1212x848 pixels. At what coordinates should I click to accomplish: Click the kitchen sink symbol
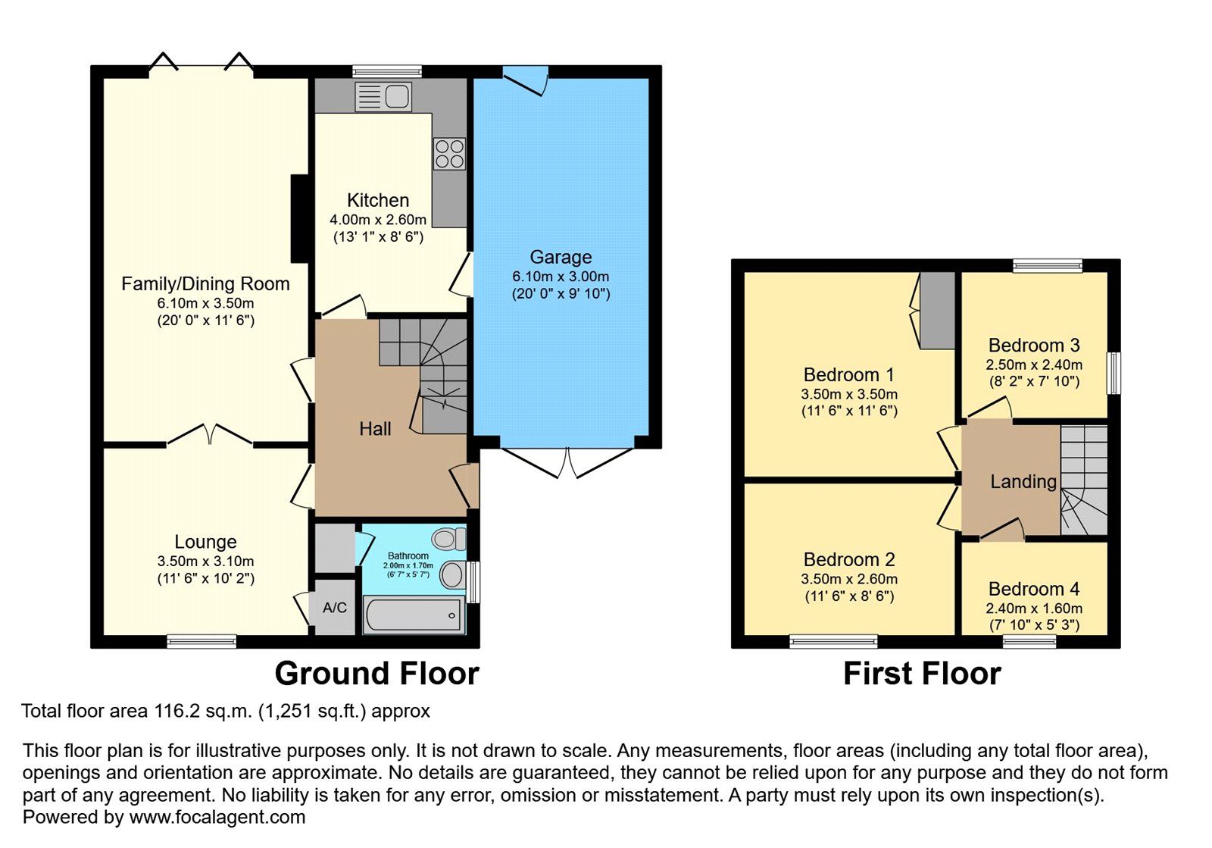tap(383, 97)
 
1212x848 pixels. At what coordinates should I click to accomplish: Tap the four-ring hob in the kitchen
tap(449, 154)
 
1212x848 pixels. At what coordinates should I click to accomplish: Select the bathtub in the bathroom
tap(414, 615)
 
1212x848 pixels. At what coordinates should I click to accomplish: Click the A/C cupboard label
tap(334, 608)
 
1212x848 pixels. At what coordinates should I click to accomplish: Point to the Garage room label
tap(561, 257)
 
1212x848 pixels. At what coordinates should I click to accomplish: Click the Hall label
tap(375, 429)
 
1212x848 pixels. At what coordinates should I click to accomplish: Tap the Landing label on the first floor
tap(1023, 482)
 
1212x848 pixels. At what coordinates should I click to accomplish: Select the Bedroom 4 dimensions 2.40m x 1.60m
tap(1034, 609)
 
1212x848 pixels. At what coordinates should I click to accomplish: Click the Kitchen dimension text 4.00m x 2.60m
tap(378, 220)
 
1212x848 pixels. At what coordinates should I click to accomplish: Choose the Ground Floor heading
tap(376, 674)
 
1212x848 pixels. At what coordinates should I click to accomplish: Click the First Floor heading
tap(922, 674)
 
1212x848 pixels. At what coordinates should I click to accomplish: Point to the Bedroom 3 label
tap(1034, 346)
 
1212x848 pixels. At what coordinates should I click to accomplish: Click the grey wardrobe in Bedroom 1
tap(937, 310)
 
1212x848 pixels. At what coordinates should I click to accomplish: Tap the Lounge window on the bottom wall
tap(201, 641)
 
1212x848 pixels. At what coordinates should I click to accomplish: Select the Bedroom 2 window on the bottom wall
tap(833, 642)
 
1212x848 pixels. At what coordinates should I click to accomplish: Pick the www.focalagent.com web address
tap(217, 817)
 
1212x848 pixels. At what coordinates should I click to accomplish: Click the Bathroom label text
tap(408, 555)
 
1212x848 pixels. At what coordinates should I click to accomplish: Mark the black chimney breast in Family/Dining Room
tap(300, 218)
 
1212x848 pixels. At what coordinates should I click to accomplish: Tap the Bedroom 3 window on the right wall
tap(1114, 374)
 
